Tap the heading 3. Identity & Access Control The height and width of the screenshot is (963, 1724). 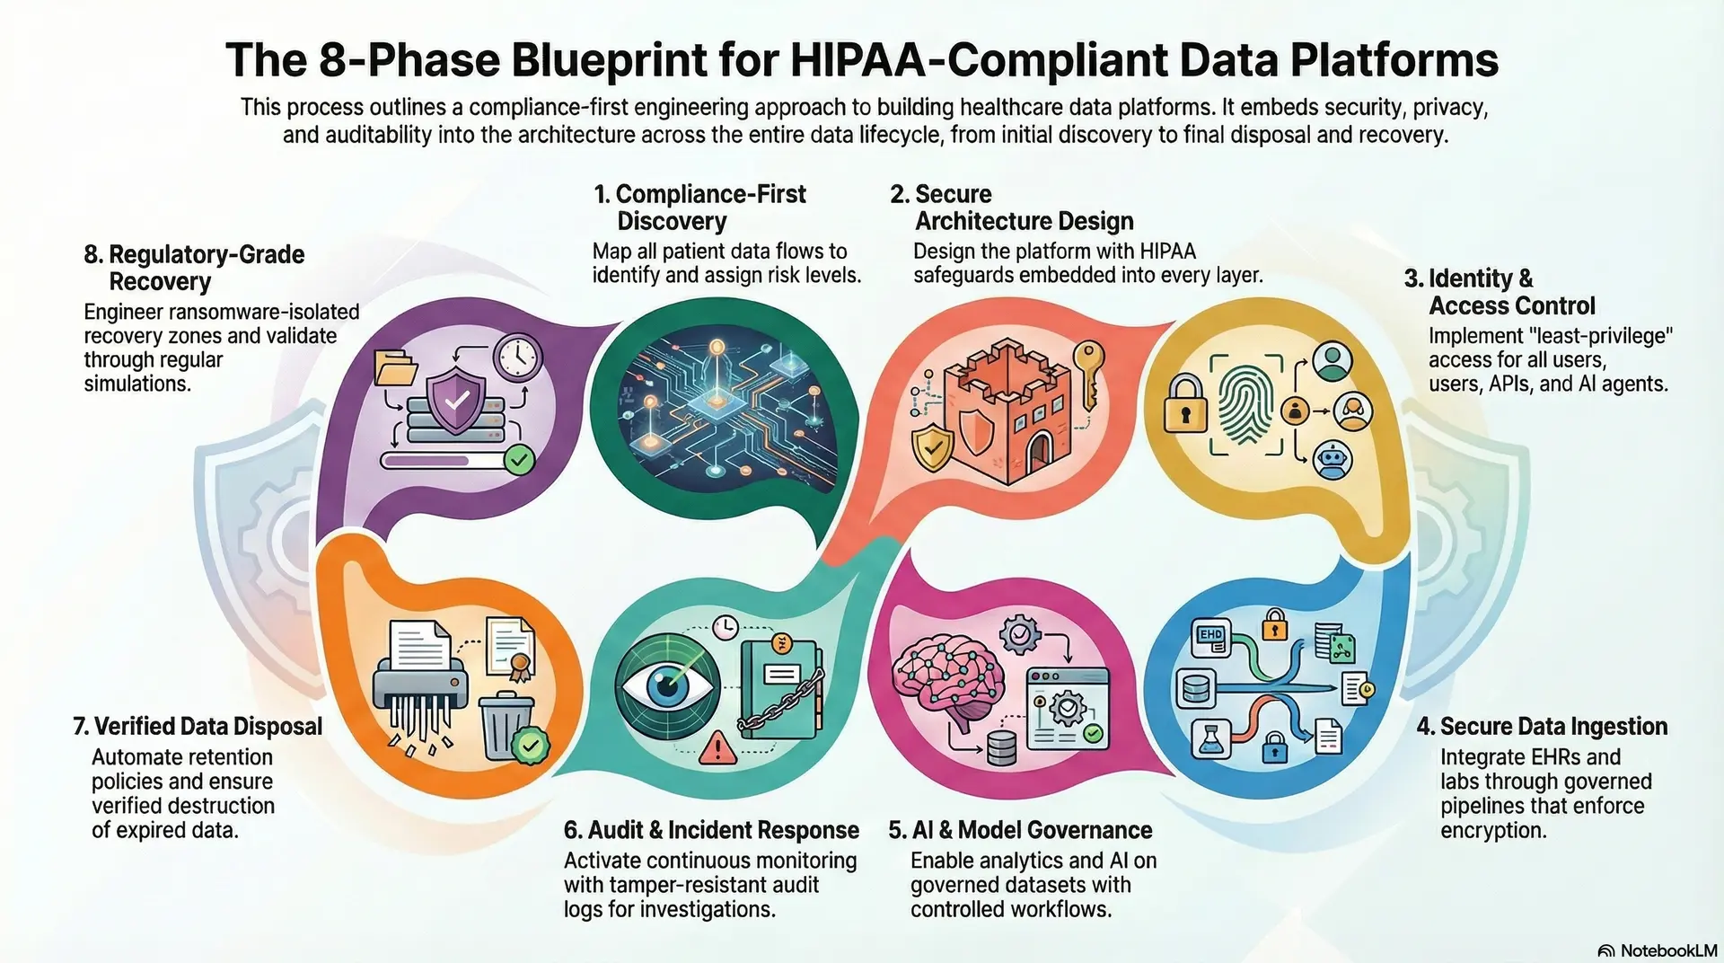pos(1511,292)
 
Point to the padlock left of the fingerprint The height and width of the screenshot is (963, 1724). pos(1185,403)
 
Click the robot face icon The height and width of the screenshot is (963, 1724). pos(1332,460)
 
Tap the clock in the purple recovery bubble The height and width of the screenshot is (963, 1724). pos(517,358)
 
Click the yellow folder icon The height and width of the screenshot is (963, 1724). pos(396,367)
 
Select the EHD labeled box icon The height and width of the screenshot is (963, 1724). pos(1210,636)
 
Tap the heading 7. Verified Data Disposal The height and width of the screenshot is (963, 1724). pos(198,726)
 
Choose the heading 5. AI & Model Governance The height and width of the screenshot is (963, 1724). pos(1020,830)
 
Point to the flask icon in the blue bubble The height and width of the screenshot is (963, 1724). pos(1209,739)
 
